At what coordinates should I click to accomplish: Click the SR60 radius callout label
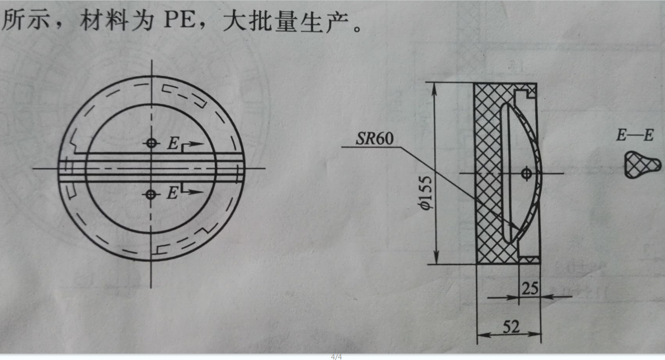point(375,139)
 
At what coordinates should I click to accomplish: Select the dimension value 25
point(529,288)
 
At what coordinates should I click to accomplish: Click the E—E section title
point(634,135)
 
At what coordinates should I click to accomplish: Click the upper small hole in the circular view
point(151,143)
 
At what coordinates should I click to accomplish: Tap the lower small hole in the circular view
point(151,194)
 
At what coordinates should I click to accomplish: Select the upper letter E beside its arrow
point(172,144)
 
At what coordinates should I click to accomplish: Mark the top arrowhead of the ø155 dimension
point(435,87)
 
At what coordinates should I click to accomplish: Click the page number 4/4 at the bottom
point(336,356)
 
